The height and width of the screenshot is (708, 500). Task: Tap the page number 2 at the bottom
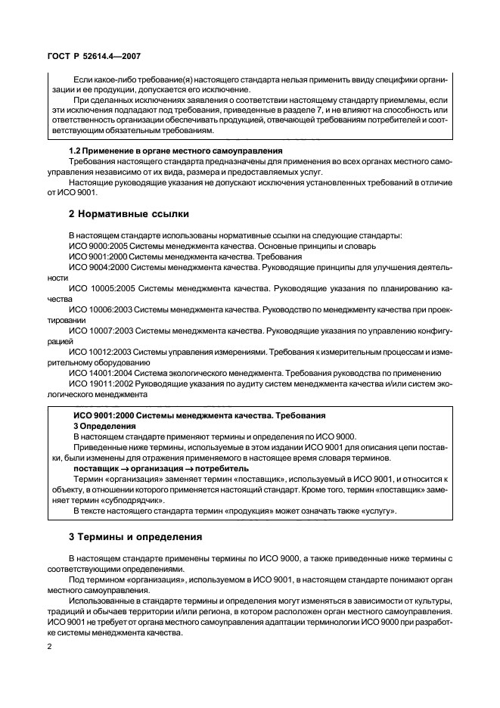point(49,647)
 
